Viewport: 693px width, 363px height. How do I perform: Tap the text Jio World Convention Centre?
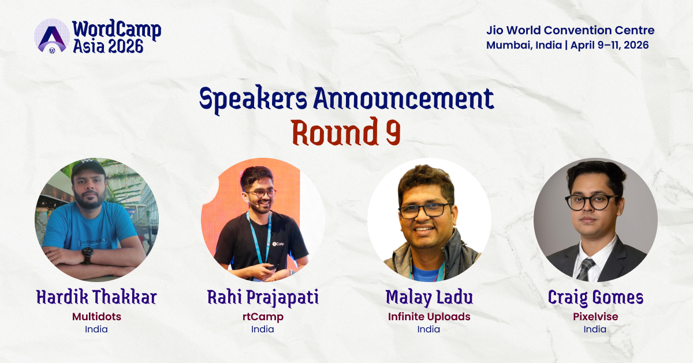click(570, 31)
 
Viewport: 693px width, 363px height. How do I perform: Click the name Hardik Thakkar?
click(96, 298)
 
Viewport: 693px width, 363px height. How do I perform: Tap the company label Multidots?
click(96, 316)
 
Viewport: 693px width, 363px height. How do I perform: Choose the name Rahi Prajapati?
click(263, 298)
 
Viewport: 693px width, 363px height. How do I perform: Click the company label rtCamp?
click(263, 316)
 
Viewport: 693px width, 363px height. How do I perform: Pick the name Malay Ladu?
click(429, 298)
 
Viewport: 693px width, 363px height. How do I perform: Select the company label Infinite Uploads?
click(429, 316)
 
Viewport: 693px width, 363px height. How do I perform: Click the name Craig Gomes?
click(595, 298)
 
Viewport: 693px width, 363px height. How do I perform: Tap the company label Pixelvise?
click(595, 316)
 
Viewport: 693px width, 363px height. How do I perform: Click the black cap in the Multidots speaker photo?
click(88, 169)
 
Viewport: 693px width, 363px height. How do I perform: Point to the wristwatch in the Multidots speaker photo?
click(87, 254)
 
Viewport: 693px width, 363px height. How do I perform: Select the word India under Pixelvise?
click(595, 329)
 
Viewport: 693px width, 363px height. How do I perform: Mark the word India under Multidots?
click(96, 329)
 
